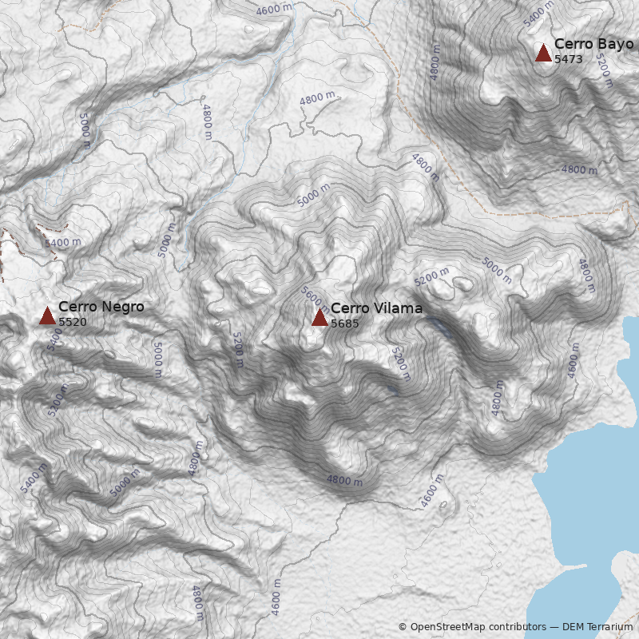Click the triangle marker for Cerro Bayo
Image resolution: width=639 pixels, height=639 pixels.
point(543,54)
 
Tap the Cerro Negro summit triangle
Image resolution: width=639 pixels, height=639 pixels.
point(47,316)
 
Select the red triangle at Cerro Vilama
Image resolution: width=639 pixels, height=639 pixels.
point(319,317)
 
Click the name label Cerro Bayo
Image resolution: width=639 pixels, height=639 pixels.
point(593,44)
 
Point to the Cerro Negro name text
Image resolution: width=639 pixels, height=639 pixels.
point(101,306)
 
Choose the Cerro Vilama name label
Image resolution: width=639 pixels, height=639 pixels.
point(376,308)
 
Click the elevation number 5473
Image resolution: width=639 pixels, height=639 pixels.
point(569,59)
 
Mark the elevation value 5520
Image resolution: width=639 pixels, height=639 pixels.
point(73,321)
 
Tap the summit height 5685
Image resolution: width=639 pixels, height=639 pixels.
point(345,323)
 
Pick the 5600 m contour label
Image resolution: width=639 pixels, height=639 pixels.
point(313,299)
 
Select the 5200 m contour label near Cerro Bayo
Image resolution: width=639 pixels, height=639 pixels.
point(605,71)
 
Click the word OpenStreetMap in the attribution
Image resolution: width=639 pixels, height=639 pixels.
point(447,627)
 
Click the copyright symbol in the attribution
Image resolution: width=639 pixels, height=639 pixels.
point(403,627)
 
